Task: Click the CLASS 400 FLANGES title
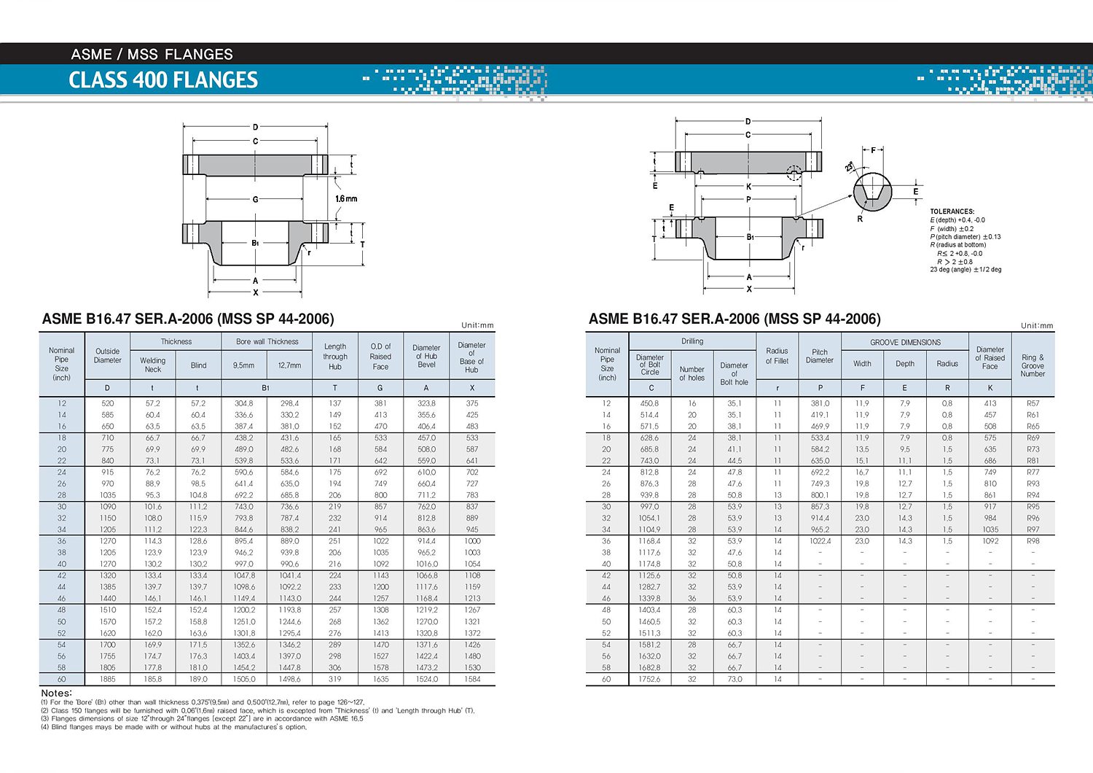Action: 163,80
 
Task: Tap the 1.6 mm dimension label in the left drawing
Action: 346,198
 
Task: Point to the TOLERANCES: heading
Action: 952,211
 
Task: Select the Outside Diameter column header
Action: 107,356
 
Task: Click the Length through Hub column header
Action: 335,357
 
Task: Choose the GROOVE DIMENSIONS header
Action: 905,342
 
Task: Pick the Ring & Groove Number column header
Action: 1033,365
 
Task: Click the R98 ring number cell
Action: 1033,541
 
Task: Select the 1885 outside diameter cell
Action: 107,679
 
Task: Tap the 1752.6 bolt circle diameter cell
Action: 649,679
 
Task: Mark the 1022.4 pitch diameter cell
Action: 820,541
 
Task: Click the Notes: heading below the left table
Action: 56,693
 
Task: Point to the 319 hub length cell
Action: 335,679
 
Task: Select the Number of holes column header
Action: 692,373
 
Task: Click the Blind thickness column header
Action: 198,365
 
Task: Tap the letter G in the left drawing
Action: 255,199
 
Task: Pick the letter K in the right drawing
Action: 748,187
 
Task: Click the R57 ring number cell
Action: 1033,403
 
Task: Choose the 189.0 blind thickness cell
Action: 198,679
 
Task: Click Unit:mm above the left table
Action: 477,325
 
